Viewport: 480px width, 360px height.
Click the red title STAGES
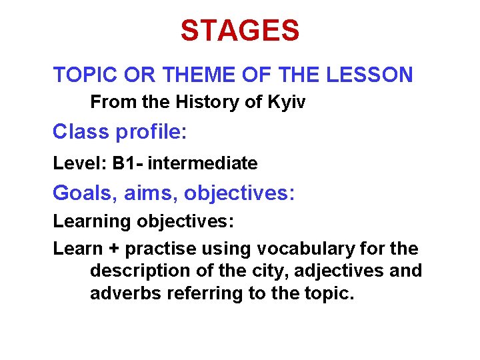coord(240,31)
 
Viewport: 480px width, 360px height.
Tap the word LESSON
coord(369,75)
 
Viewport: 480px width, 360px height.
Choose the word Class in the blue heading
coord(81,132)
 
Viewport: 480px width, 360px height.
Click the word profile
coord(149,132)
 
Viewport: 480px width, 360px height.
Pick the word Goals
coord(83,193)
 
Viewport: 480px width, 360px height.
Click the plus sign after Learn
coord(113,249)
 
